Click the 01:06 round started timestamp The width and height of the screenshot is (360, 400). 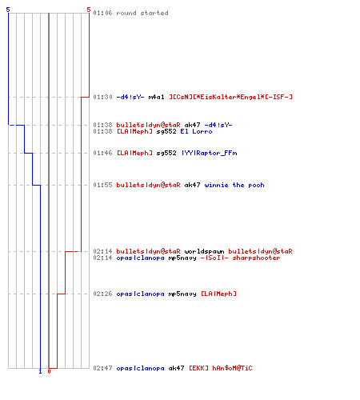click(102, 13)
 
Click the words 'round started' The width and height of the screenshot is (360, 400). click(142, 13)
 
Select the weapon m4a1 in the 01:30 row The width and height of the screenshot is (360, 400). click(157, 97)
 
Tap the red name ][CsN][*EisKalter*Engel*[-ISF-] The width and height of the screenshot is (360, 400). click(231, 97)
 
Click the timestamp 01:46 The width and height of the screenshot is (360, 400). click(102, 153)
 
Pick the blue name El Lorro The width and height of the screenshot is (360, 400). click(196, 131)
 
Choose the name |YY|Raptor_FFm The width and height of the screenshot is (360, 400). click(210, 153)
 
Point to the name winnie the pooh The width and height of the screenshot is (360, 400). click(234, 185)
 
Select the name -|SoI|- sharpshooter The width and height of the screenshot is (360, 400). click(240, 258)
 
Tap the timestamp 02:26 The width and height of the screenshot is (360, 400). click(102, 294)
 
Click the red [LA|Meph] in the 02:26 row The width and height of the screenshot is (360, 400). click(218, 294)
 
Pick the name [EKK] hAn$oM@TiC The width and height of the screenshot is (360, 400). click(221, 368)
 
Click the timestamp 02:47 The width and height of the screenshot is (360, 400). click(102, 368)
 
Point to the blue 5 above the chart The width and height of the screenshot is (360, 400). click(8, 10)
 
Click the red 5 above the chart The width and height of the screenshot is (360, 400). click(89, 10)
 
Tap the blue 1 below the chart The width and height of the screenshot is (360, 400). click(40, 371)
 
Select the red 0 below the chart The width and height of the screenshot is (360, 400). click(49, 371)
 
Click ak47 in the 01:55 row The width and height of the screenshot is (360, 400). click(192, 185)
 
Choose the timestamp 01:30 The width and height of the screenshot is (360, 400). click(102, 97)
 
